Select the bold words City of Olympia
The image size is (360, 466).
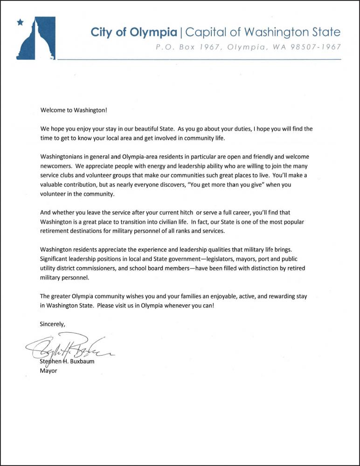[x=134, y=32]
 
